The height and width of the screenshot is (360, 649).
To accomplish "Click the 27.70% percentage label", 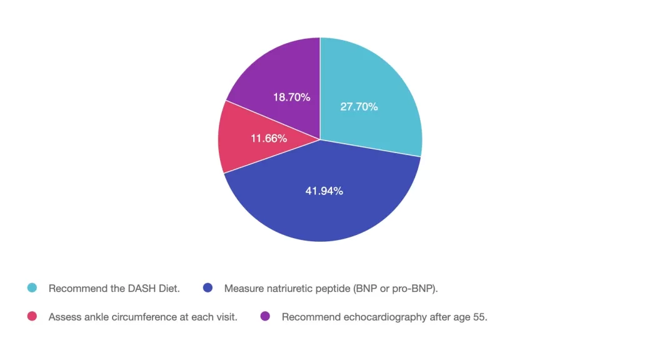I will tap(359, 107).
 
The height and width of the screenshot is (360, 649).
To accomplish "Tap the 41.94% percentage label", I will tap(324, 191).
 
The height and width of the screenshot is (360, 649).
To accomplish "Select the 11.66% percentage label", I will tap(269, 138).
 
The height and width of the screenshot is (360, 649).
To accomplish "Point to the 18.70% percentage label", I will tap(291, 97).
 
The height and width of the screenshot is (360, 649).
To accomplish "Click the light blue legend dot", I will tap(33, 288).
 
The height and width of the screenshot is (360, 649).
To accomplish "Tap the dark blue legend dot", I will tap(208, 288).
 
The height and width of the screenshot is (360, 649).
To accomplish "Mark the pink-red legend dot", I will tap(33, 316).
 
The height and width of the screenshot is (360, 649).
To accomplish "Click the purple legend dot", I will tap(265, 316).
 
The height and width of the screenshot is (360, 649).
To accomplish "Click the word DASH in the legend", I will tap(145, 289).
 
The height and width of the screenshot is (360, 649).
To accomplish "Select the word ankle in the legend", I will tap(97, 317).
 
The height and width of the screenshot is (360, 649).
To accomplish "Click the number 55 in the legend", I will tap(480, 317).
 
